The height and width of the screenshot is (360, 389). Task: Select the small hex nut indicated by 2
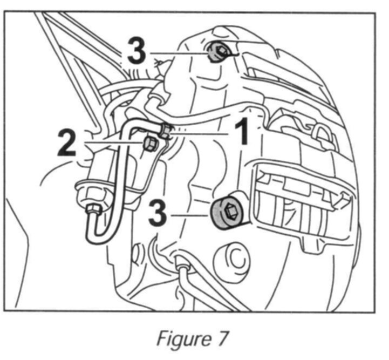click(x=151, y=142)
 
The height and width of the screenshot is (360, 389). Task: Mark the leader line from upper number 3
click(x=178, y=53)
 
